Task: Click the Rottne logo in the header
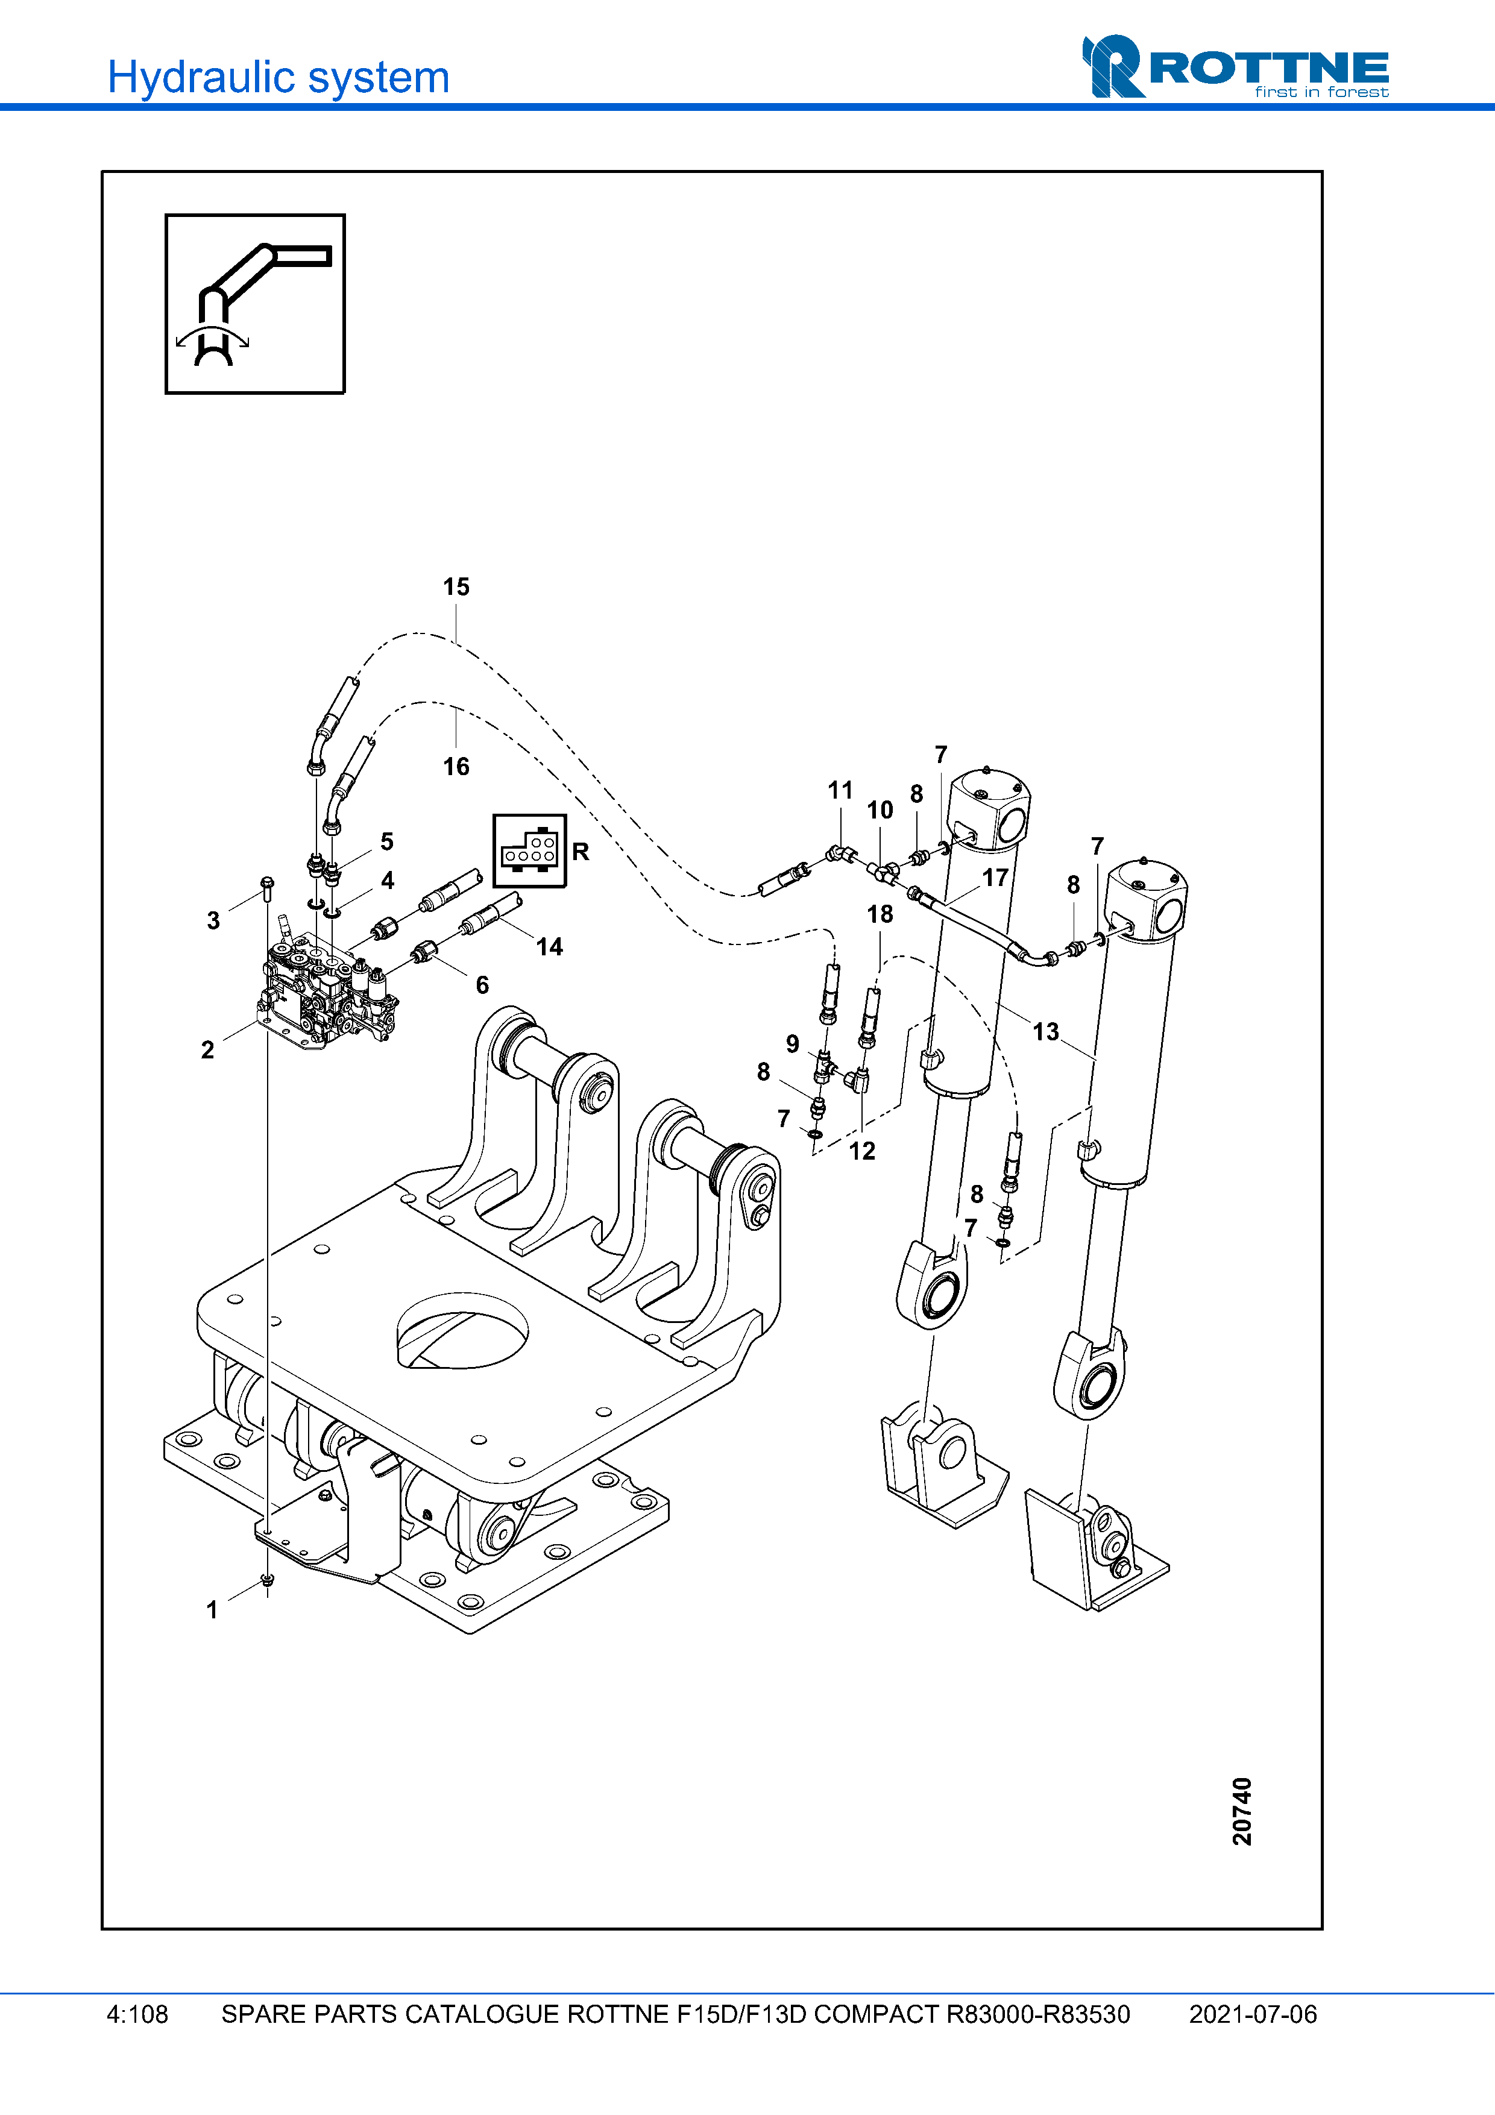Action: [x=1235, y=68]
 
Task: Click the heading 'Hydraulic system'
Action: [x=278, y=77]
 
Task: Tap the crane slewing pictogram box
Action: [x=255, y=304]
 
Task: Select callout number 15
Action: [x=456, y=587]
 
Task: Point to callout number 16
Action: [x=456, y=767]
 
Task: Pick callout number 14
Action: [x=549, y=947]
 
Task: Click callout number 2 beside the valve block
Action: [x=207, y=1050]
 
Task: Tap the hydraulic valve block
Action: [x=327, y=995]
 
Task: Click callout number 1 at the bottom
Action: [x=212, y=1609]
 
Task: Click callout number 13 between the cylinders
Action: [x=1045, y=1032]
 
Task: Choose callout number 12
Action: [x=861, y=1151]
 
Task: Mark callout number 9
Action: [x=792, y=1044]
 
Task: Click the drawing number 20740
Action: [x=1242, y=1811]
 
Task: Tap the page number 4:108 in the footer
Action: [x=137, y=2014]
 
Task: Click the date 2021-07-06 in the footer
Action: [x=1252, y=2014]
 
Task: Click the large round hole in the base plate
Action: [x=462, y=1330]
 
